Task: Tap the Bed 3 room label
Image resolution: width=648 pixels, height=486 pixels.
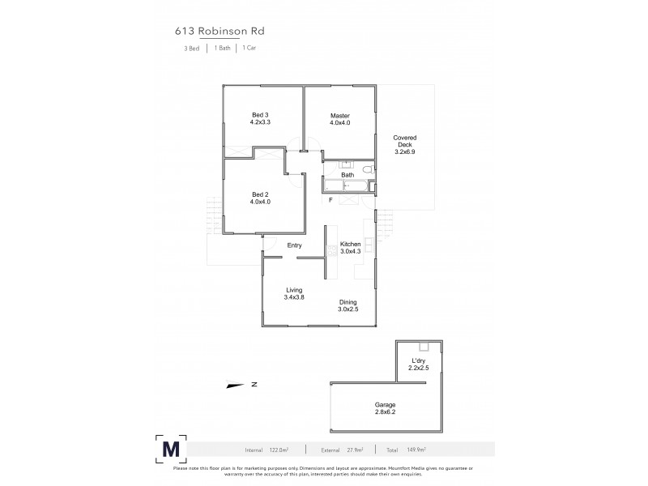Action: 261,119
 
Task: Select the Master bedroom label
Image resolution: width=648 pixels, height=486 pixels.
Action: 339,119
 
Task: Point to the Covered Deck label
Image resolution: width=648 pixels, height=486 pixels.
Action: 404,144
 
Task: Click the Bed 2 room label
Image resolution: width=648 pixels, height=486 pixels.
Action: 260,198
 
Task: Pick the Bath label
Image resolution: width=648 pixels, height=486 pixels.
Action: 347,175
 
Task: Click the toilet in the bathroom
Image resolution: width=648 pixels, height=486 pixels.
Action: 367,169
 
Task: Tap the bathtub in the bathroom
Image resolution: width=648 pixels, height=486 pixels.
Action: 345,186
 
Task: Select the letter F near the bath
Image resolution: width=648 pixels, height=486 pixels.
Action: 330,200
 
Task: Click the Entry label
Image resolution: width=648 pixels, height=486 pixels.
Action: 294,245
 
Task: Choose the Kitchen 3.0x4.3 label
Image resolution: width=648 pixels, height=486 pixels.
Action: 350,248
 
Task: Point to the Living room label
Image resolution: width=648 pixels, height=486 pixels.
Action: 294,293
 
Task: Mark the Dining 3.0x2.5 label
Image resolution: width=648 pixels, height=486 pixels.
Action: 347,305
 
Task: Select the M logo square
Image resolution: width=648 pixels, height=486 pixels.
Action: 171,448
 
